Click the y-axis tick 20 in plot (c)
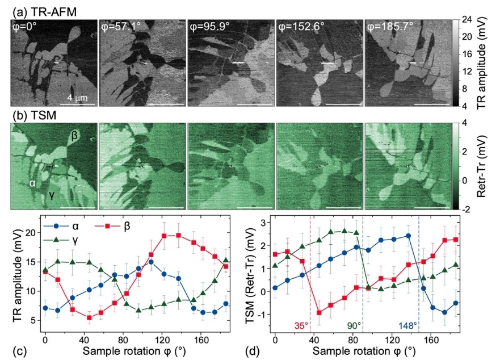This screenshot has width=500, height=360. pos(31,232)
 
